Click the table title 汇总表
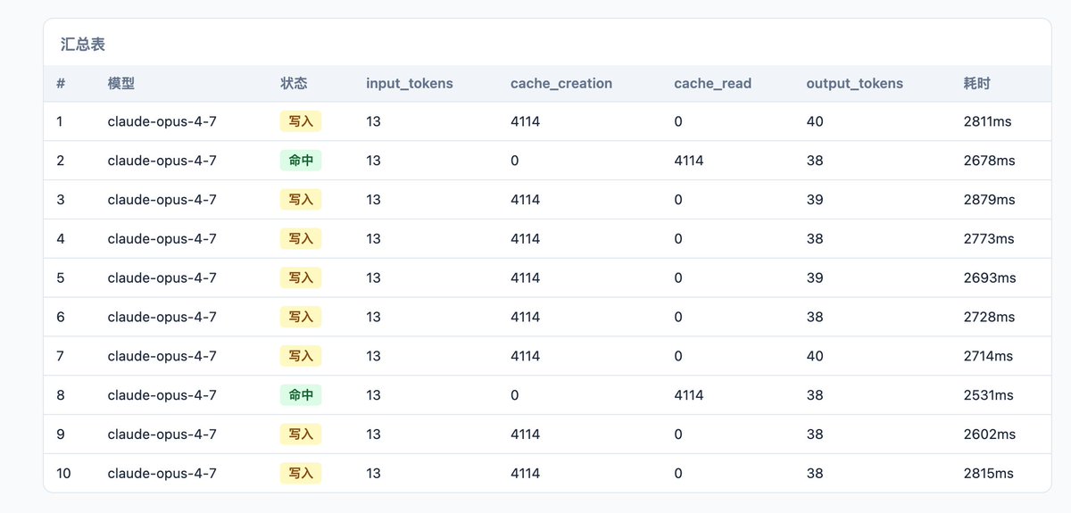point(83,45)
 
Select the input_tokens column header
point(410,84)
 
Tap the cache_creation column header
point(561,84)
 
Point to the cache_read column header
point(713,84)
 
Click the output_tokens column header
point(855,84)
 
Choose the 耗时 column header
point(976,84)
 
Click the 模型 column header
point(121,84)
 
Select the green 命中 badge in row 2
point(301,161)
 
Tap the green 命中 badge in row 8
point(301,395)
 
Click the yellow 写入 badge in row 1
point(301,121)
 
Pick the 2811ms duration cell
point(987,121)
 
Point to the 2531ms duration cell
point(988,395)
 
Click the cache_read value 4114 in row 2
point(689,161)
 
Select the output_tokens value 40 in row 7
point(815,356)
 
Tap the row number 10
point(63,474)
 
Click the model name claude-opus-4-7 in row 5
point(162,277)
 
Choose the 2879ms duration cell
point(989,199)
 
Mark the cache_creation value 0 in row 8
point(514,395)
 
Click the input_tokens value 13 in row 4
point(373,238)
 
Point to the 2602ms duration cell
point(989,434)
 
